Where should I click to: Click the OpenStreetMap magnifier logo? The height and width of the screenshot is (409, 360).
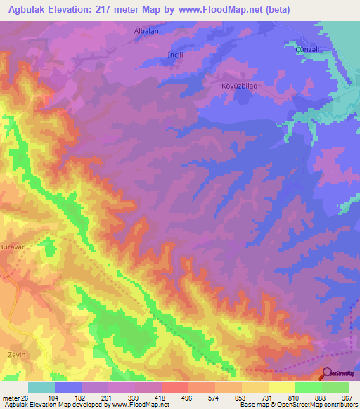[327, 373]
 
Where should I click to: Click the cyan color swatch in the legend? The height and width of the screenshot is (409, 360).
[41, 387]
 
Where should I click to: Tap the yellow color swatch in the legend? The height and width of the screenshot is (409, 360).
[281, 387]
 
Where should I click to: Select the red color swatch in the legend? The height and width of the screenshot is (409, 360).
[174, 387]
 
